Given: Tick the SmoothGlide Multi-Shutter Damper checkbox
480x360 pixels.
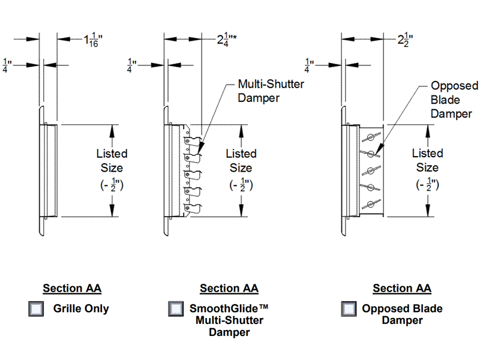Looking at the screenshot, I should coord(176,309).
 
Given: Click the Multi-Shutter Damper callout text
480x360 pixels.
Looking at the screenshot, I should coord(271,91).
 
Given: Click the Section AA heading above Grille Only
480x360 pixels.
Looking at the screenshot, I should coord(72,289).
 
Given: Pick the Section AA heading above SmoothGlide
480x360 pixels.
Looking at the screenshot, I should coord(229,289).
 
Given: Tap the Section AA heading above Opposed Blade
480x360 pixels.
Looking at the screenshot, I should coord(402,289).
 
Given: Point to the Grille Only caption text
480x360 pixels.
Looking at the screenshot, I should coord(81,309).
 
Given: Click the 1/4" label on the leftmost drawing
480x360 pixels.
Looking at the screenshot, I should coord(8,65).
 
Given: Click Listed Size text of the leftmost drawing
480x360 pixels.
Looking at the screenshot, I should coord(112,160).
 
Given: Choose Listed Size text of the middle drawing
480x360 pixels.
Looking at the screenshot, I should coord(241,160).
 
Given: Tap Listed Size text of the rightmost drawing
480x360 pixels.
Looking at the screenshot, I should coord(427,160).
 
